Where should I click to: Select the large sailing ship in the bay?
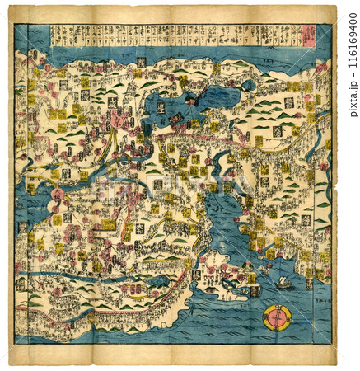pos(283,282)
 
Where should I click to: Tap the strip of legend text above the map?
pos(173,35)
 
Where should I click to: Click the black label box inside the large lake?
pos(161,106)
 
